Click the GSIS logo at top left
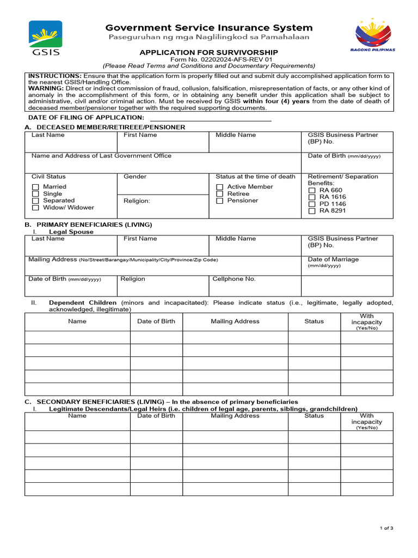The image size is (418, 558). coord(46,38)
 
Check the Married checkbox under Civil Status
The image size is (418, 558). coord(36,187)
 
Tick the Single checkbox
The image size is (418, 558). coord(36,194)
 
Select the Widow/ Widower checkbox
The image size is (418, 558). coord(36,208)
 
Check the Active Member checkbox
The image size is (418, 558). coord(220,187)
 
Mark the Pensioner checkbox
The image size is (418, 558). coord(220,201)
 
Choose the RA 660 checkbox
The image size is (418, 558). coord(312,190)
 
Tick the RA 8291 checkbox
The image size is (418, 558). coord(312,211)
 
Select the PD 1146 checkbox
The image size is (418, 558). coord(312,204)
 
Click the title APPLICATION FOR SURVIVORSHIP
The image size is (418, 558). coord(209,52)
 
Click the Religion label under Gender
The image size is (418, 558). coord(137,201)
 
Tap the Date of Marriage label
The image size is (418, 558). coord(333,259)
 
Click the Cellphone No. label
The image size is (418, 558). coord(234,279)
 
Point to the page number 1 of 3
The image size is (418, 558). coord(386,528)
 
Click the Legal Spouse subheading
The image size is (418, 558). coord(71,232)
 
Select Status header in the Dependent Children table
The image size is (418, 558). coord(314,322)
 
